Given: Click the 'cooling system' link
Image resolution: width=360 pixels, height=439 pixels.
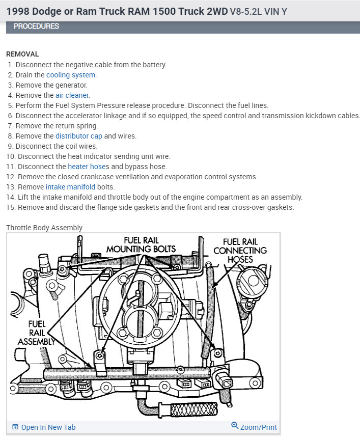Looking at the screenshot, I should (71, 75).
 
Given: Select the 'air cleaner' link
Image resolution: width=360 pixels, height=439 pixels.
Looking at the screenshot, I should (72, 95).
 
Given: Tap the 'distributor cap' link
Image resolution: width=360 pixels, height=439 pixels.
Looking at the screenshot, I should (78, 136).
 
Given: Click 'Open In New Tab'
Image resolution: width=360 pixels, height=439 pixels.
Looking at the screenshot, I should (48, 427).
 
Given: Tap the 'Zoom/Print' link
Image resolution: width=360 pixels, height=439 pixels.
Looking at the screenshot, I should (258, 427).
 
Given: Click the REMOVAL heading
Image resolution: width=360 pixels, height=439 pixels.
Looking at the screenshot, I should (22, 54).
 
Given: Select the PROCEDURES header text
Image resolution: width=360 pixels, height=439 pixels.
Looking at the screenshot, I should (36, 26).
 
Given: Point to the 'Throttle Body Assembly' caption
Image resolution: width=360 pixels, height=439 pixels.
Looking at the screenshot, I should (44, 228).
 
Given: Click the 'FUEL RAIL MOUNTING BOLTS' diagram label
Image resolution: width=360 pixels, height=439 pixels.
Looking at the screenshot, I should (141, 244).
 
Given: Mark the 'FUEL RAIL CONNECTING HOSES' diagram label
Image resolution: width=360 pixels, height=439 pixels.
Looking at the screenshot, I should (240, 250).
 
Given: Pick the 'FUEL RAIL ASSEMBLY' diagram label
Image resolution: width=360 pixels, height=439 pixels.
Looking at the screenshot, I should (36, 332).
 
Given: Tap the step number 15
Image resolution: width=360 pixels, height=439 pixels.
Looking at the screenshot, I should (11, 207).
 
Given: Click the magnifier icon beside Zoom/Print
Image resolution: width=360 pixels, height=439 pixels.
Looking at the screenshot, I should (235, 426).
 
